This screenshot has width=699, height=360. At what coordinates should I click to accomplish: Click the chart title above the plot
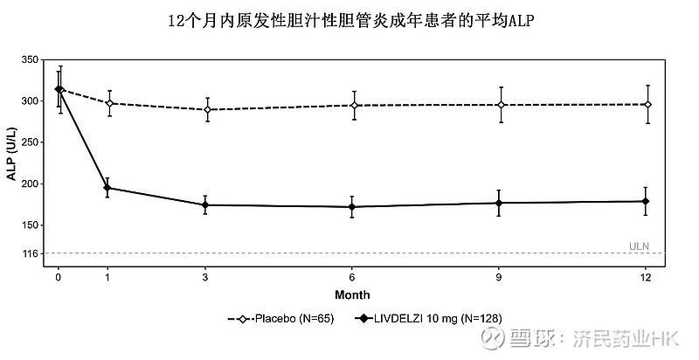tap(349, 20)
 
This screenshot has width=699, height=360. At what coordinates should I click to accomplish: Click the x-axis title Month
tap(352, 294)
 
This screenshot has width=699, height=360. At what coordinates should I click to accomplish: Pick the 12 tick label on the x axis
tap(646, 277)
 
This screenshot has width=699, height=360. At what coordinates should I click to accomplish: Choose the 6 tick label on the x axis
tap(352, 277)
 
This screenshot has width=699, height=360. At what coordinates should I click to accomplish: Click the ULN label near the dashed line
tap(640, 246)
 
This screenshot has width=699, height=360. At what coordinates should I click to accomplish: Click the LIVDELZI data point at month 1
tap(107, 188)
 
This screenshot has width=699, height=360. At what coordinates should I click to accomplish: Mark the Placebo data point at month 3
tap(205, 109)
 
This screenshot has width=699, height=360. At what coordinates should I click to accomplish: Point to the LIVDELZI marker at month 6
tap(352, 207)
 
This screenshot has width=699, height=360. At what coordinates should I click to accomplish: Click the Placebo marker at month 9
tap(499, 105)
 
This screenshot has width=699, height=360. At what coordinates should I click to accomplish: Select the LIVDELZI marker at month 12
tap(646, 201)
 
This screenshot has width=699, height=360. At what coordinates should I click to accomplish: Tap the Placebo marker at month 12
tap(646, 104)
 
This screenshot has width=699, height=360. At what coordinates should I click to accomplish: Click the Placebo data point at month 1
tap(107, 103)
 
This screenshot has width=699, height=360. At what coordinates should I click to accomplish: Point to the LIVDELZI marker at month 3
tap(205, 205)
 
